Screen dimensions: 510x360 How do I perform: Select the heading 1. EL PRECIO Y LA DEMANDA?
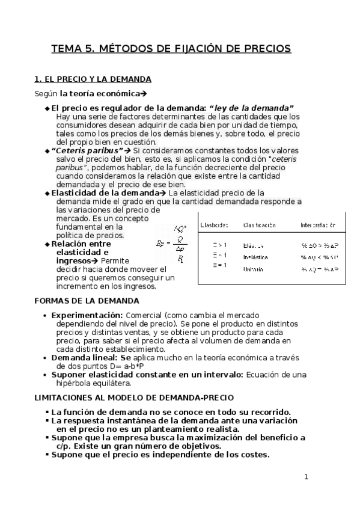[93, 79]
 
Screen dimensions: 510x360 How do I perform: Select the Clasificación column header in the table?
[259, 225]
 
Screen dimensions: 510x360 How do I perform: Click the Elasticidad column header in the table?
[214, 225]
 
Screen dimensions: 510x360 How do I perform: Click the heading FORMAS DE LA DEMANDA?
[87, 300]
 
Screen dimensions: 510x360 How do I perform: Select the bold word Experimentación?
[87, 315]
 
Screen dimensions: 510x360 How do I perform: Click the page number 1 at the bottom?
[306, 478]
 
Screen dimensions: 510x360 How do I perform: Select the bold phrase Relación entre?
[81, 244]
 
